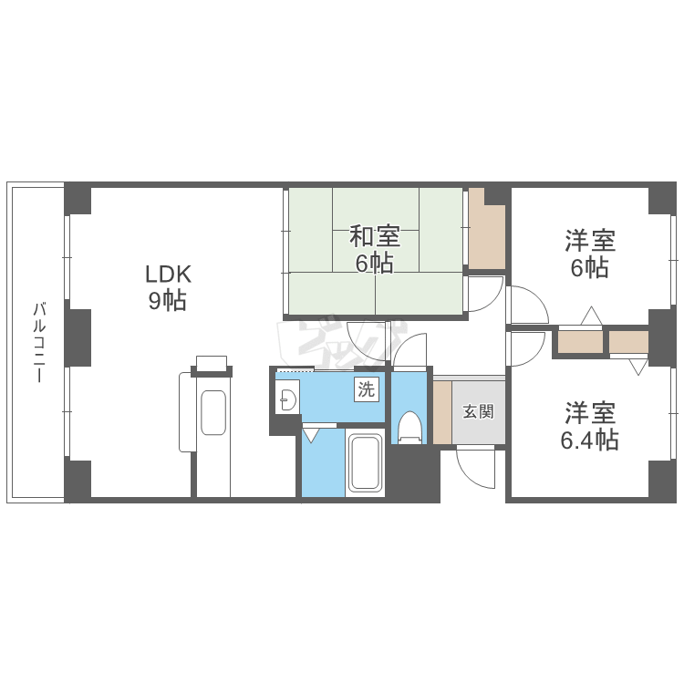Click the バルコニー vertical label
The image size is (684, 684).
click(39, 342)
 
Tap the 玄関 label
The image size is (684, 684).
click(478, 411)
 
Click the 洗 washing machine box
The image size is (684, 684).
click(365, 390)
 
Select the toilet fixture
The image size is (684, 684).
click(409, 427)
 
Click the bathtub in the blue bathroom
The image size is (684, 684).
click(367, 463)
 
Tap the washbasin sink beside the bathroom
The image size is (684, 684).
click(287, 399)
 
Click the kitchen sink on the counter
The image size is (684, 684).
click(213, 412)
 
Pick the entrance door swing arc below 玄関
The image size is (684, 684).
click(475, 466)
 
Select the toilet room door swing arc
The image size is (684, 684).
click(409, 349)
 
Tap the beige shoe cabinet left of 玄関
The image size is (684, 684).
click(442, 411)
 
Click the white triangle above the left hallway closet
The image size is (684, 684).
click(590, 316)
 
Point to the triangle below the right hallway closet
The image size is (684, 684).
click(637, 367)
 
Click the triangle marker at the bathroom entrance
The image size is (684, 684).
click(312, 434)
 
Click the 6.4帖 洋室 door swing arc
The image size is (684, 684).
click(526, 347)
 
